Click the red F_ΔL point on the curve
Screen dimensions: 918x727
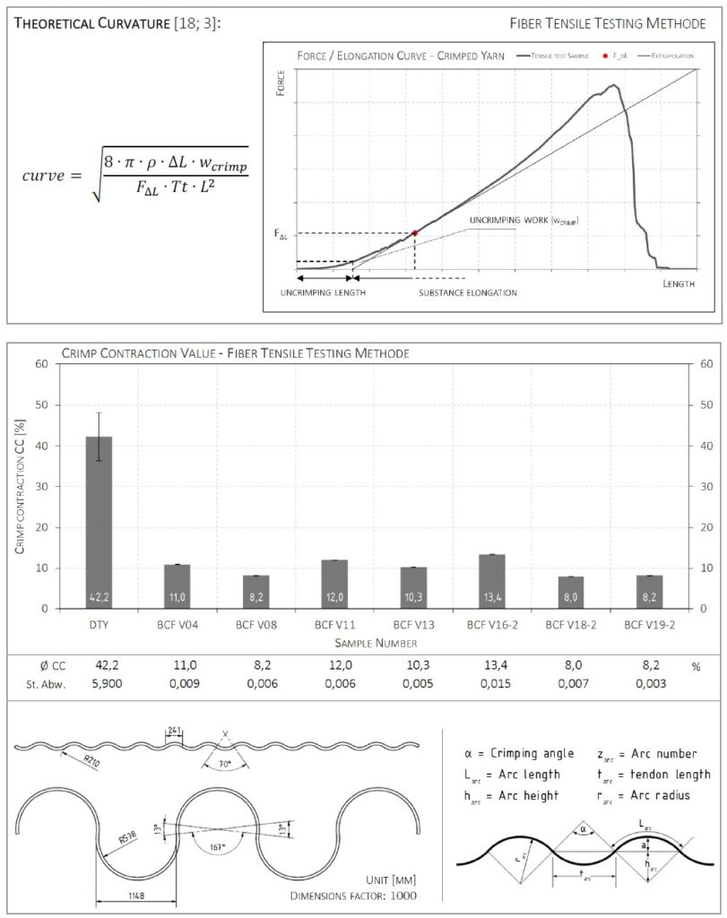click(415, 232)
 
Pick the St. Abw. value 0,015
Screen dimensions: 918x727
click(492, 684)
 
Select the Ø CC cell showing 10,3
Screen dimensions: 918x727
click(413, 666)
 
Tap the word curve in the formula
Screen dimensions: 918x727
click(44, 175)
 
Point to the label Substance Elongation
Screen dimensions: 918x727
click(467, 292)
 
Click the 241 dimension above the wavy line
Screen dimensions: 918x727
click(174, 729)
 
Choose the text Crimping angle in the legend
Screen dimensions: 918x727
click(527, 753)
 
